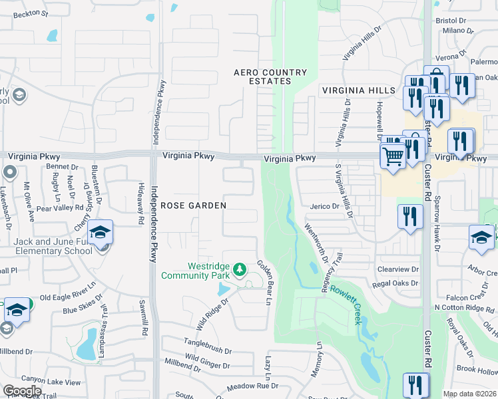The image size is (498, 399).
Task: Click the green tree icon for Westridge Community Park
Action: pyautogui.click(x=239, y=270)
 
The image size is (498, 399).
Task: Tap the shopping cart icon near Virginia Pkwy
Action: pyautogui.click(x=392, y=157)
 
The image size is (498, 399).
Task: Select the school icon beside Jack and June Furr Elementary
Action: pyautogui.click(x=100, y=233)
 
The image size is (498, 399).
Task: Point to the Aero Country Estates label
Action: pyautogui.click(x=270, y=76)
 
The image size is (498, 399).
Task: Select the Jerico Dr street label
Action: pyautogui.click(x=325, y=207)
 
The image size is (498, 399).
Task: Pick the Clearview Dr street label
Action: pyautogui.click(x=398, y=269)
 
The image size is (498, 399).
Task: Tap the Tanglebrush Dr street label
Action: pyautogui.click(x=208, y=350)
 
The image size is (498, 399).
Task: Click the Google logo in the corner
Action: pyautogui.click(x=22, y=391)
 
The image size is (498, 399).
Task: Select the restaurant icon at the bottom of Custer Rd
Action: pyautogui.click(x=415, y=385)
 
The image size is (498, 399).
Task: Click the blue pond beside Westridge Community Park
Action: pyautogui.click(x=224, y=289)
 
